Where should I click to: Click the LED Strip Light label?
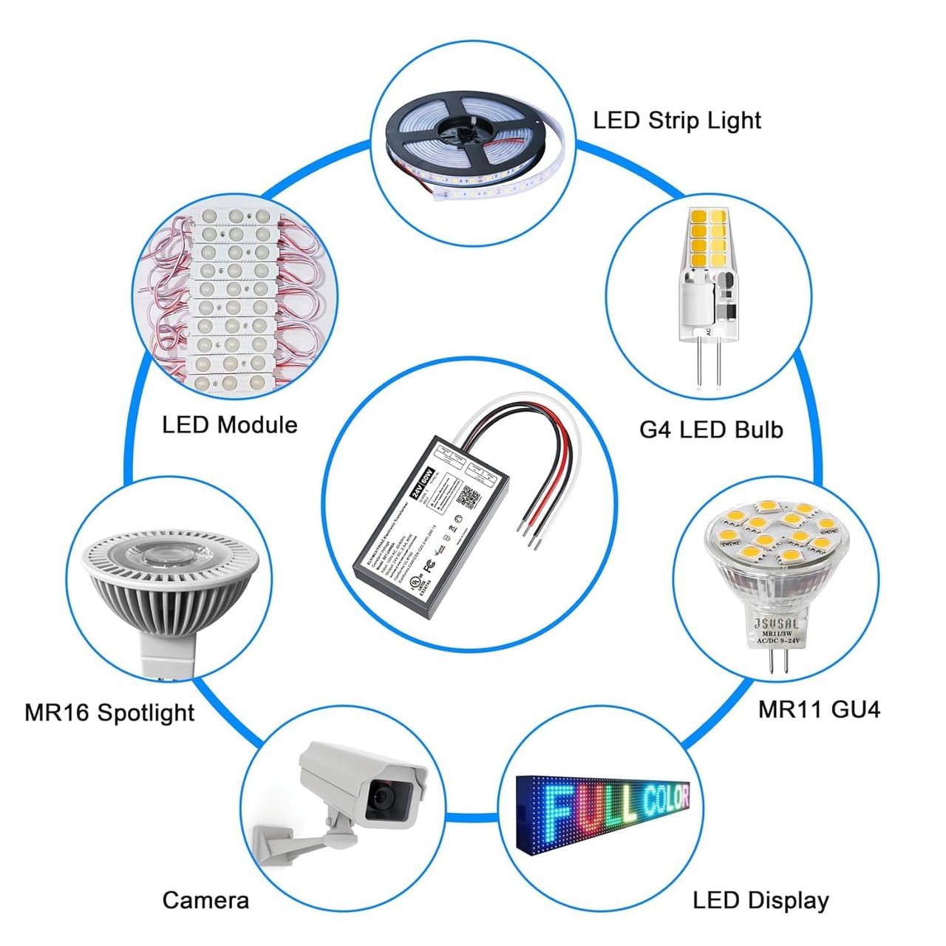point(676,120)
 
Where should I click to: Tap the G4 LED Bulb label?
point(710,429)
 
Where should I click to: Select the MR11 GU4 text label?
point(819,709)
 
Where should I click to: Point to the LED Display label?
point(760,900)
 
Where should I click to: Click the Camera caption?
point(205,900)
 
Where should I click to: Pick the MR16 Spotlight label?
point(109,712)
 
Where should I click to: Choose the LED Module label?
point(229,425)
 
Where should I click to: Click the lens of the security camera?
point(384,797)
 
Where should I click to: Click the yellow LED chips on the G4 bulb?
point(708,239)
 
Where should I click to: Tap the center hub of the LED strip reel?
point(464,134)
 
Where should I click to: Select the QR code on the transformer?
point(468,497)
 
